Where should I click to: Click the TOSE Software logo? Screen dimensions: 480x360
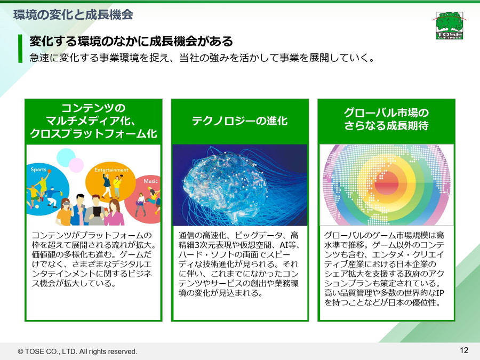(450, 26)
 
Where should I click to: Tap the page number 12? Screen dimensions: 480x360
(464, 350)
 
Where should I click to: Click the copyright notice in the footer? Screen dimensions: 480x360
(77, 351)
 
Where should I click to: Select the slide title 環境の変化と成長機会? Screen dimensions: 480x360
(73, 15)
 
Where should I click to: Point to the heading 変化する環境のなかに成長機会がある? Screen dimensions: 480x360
(131, 41)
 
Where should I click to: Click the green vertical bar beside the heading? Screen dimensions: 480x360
(20, 49)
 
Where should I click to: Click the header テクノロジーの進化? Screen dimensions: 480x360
(239, 121)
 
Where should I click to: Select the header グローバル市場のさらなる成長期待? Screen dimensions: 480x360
(386, 119)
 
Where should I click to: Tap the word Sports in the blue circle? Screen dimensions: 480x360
(38, 169)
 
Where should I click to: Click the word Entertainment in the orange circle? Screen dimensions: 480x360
(111, 170)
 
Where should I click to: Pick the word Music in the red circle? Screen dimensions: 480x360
(150, 181)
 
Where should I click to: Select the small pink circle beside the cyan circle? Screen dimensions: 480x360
(76, 165)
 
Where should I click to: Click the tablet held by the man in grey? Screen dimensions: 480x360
(97, 211)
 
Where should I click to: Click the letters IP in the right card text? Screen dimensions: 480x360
(440, 293)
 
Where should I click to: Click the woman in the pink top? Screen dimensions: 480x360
(114, 213)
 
